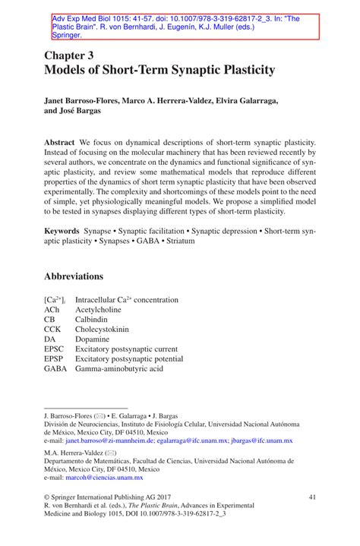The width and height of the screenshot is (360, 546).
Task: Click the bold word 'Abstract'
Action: coord(59,143)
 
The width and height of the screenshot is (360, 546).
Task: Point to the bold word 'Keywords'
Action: coord(62,229)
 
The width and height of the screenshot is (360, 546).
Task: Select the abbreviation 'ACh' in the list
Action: coord(52,311)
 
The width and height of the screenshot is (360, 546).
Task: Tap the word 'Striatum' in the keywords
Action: coord(178,241)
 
